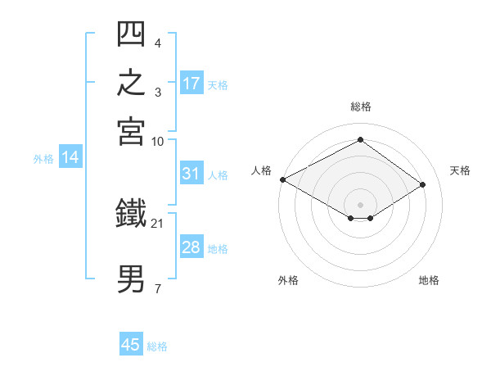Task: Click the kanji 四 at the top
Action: (x=131, y=34)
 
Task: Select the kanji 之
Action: (x=131, y=82)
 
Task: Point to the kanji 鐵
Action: (x=131, y=212)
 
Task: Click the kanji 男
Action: (x=131, y=279)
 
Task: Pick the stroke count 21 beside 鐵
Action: (x=157, y=224)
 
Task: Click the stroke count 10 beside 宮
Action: (x=157, y=142)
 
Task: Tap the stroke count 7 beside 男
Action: (x=158, y=288)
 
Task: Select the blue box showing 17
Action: (x=192, y=83)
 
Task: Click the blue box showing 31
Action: (x=192, y=173)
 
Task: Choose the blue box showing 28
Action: (x=192, y=246)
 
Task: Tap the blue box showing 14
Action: (x=70, y=156)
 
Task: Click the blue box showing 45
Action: (x=131, y=343)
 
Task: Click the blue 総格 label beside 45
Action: (x=157, y=346)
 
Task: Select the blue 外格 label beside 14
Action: (x=43, y=159)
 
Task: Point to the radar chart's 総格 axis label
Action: (x=361, y=106)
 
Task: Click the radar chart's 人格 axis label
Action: (x=261, y=170)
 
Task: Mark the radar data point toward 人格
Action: (x=283, y=179)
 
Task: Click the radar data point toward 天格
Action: (x=422, y=184)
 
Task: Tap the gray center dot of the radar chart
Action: (x=360, y=205)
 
